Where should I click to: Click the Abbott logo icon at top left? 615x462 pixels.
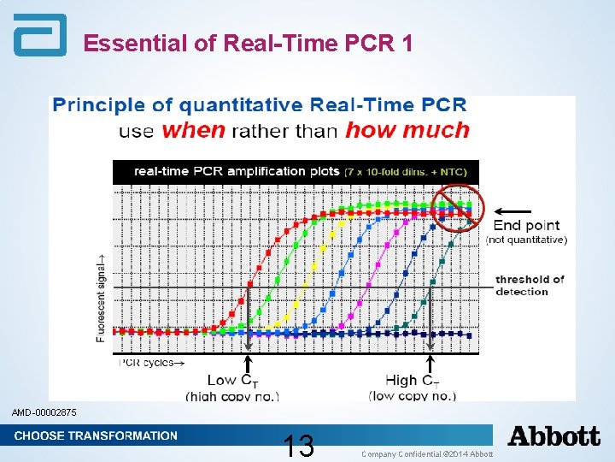[x=39, y=36]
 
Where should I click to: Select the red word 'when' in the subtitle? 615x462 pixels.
[x=194, y=131]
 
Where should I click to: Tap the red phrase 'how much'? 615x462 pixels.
[x=407, y=131]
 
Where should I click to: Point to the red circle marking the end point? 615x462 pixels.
[x=457, y=208]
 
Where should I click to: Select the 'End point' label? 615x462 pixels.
[x=527, y=226]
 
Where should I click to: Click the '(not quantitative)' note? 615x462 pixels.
[x=526, y=240]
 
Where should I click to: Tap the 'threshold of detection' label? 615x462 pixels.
[x=530, y=285]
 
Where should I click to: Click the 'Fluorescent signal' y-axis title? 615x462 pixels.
[x=102, y=286]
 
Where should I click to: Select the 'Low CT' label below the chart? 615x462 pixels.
[x=232, y=381]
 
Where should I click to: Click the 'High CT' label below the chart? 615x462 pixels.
[x=414, y=381]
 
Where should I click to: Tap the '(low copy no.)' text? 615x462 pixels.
[x=413, y=395]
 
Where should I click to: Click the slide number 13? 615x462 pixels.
[x=299, y=446]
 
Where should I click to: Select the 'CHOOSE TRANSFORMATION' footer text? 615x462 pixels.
[x=96, y=435]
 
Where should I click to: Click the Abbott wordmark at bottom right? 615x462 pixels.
[x=554, y=436]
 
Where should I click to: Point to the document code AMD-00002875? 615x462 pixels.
[x=44, y=413]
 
